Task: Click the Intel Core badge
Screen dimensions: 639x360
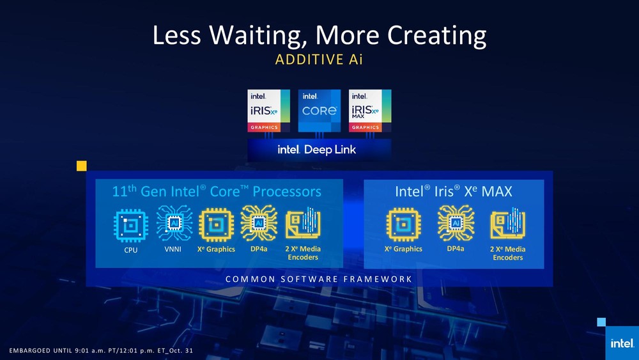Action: click(x=319, y=111)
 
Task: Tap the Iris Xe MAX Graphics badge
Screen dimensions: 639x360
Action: click(x=370, y=111)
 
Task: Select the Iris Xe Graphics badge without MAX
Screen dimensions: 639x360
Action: click(x=268, y=111)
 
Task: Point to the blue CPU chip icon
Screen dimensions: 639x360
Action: click(x=130, y=226)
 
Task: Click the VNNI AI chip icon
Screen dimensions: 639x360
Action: click(x=174, y=223)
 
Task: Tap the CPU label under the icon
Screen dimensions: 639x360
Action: click(x=131, y=250)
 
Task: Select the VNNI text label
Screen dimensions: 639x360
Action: click(x=173, y=249)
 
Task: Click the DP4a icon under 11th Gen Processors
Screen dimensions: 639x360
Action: click(x=259, y=223)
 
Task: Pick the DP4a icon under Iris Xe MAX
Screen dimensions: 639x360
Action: click(x=456, y=223)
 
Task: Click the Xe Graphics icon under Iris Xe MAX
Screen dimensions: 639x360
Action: click(x=403, y=224)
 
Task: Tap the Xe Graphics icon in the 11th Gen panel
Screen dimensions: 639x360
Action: click(x=217, y=225)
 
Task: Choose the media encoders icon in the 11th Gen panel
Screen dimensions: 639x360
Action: click(x=303, y=223)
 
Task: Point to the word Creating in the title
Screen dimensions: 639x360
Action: click(x=436, y=35)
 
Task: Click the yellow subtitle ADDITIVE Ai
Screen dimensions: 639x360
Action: click(x=319, y=59)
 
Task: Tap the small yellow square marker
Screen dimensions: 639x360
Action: click(x=82, y=166)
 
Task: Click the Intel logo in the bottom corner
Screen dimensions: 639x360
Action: click(x=622, y=343)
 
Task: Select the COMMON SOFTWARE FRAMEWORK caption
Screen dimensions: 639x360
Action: click(x=319, y=279)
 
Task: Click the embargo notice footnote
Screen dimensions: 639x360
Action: click(x=101, y=350)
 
